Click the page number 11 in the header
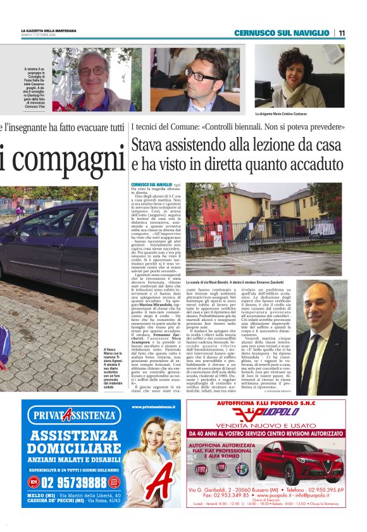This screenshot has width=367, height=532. (342, 33)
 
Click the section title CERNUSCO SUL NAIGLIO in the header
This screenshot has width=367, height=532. (282, 33)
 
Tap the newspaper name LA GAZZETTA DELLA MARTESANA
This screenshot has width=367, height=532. (48, 30)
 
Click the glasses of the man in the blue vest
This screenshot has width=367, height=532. (93, 71)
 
